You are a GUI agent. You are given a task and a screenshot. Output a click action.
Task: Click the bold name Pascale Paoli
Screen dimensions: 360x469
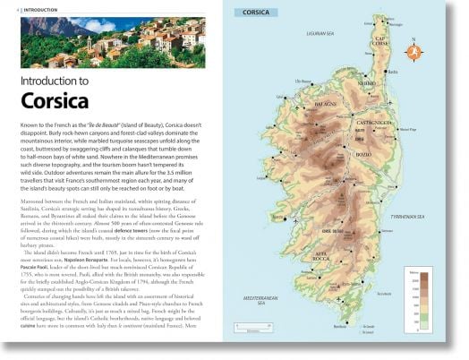coord(39,264)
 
